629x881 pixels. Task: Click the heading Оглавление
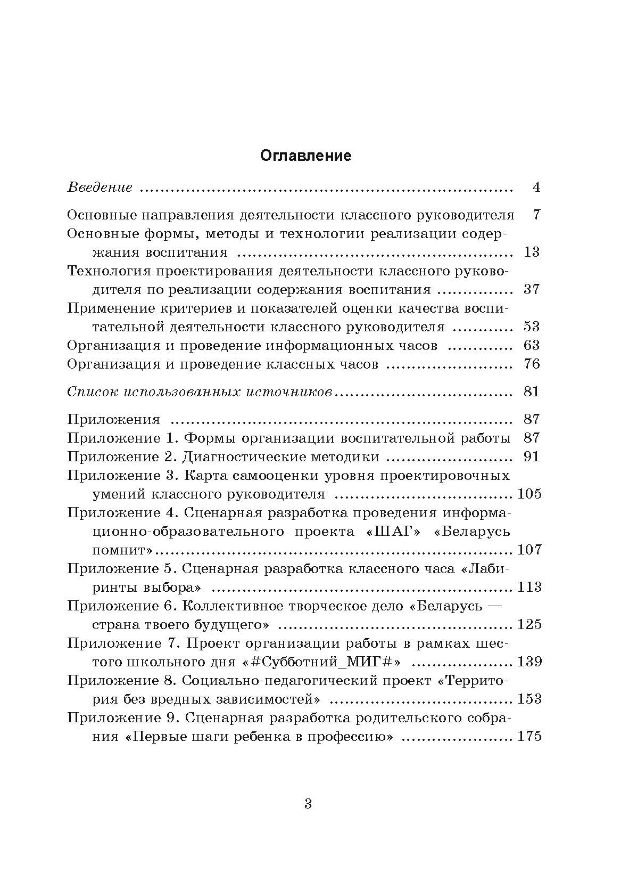(x=306, y=156)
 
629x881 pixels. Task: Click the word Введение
(x=100, y=187)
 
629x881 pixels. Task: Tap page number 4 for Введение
(x=536, y=187)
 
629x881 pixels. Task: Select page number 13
(x=532, y=252)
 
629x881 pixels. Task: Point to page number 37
(x=532, y=289)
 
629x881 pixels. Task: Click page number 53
(x=532, y=327)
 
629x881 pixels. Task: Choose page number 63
(x=532, y=345)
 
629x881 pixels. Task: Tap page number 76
(x=532, y=364)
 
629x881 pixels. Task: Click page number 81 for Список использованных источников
(x=532, y=391)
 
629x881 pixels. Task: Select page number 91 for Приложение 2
(x=532, y=456)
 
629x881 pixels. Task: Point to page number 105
(x=529, y=494)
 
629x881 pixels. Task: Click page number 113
(x=529, y=587)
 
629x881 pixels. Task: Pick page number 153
(x=529, y=699)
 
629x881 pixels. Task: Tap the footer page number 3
(x=308, y=804)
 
